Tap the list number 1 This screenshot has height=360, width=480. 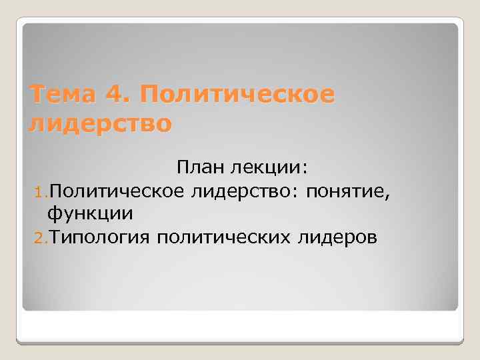pyautogui.click(x=37, y=193)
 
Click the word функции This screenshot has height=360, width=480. pyautogui.click(x=90, y=214)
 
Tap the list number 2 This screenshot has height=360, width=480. pyautogui.click(x=37, y=237)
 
